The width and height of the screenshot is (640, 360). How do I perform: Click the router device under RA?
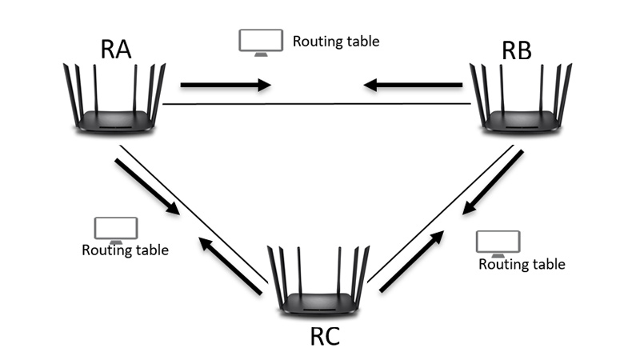(x=114, y=99)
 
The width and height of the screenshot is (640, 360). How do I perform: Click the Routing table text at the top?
(x=335, y=41)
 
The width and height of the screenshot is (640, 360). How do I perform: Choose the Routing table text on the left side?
(x=125, y=250)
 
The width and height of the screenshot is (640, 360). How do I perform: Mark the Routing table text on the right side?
(x=522, y=264)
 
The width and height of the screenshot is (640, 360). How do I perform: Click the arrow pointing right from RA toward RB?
(x=226, y=84)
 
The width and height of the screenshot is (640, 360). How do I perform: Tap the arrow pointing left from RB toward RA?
(x=413, y=84)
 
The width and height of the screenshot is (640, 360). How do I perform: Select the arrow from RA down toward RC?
(x=147, y=187)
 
